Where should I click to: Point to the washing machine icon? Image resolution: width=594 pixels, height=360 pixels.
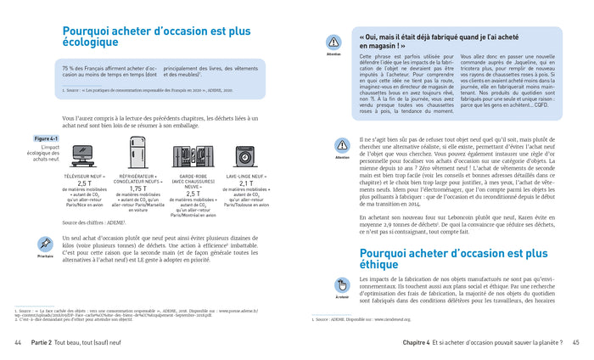tap(248, 152)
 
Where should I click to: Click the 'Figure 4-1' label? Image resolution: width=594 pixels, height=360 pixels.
tap(45, 138)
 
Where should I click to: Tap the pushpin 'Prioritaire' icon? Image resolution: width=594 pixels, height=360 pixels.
tap(46, 244)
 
